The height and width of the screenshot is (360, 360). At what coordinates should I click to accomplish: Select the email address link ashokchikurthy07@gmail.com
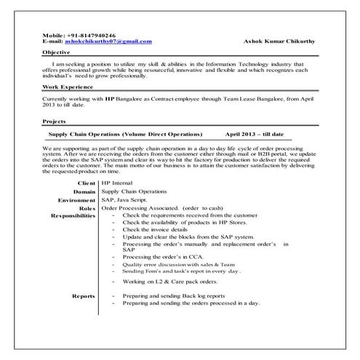pyautogui.click(x=110, y=41)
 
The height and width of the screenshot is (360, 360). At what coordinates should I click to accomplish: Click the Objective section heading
pyautogui.click(x=57, y=53)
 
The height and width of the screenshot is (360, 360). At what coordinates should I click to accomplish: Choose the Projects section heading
pyautogui.click(x=56, y=121)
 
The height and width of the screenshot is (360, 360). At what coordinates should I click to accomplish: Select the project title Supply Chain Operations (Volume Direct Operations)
pyautogui.click(x=124, y=135)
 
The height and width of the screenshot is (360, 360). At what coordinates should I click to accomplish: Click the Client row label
pyautogui.click(x=85, y=183)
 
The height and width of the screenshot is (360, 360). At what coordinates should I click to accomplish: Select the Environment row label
pyautogui.click(x=76, y=199)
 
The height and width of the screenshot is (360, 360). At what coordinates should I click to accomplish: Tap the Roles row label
pyautogui.click(x=87, y=208)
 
